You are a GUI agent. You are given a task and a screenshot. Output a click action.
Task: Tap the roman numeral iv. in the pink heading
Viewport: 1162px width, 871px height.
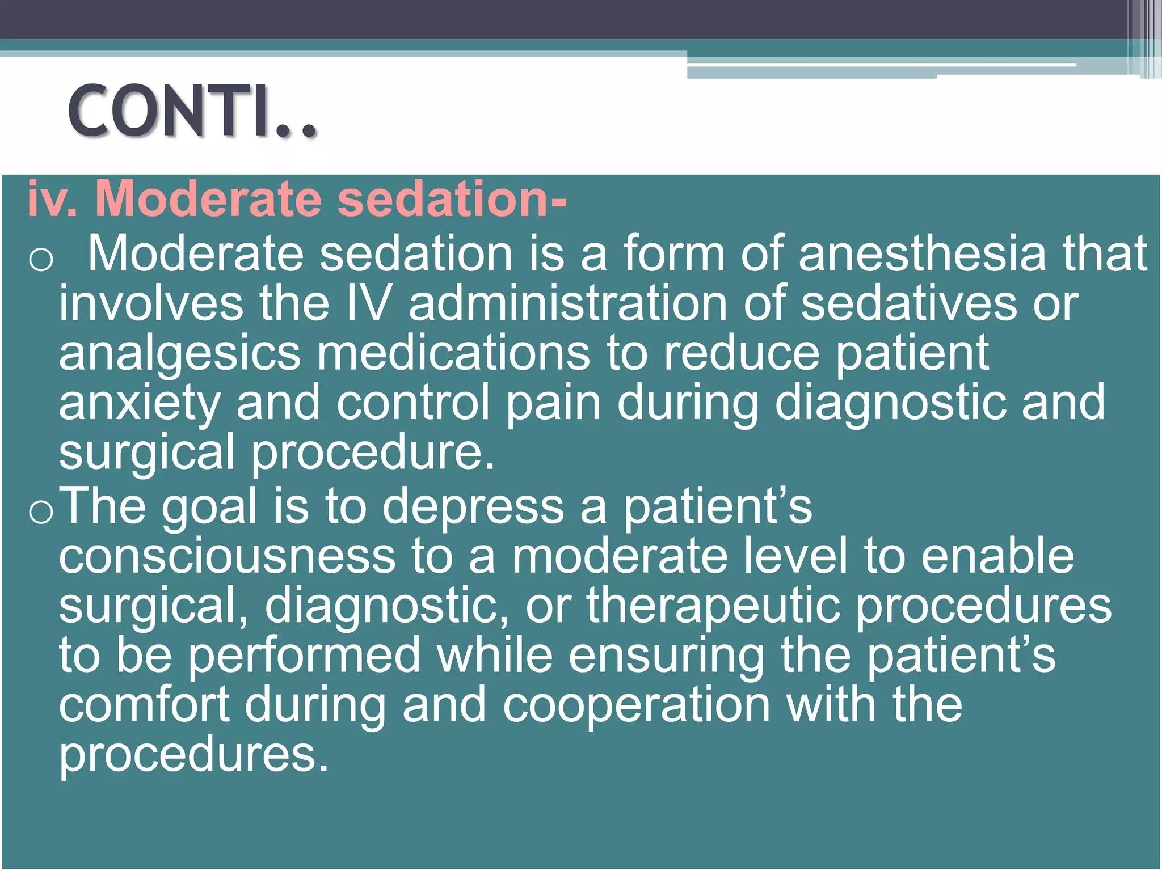52,199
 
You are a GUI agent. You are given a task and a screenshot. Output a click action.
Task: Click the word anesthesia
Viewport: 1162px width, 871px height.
922,253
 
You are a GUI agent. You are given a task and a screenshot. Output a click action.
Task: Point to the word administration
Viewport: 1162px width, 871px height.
568,303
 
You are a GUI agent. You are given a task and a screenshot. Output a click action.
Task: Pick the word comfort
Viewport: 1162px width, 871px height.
144,705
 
